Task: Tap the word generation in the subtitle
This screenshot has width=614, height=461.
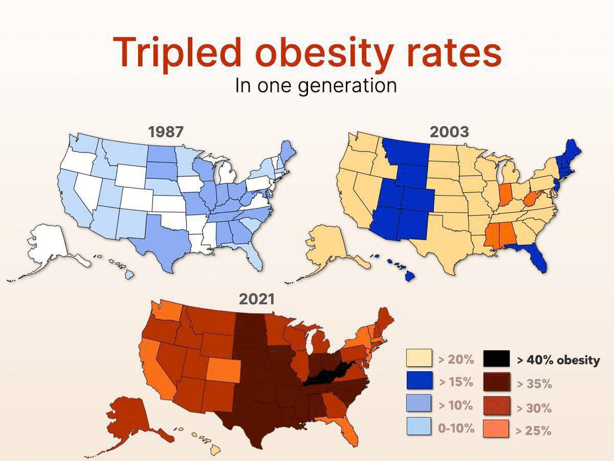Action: (347, 86)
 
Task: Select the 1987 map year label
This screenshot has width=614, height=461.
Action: (166, 132)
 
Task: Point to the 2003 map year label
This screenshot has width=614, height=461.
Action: (449, 132)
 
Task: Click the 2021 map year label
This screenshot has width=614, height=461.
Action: (257, 299)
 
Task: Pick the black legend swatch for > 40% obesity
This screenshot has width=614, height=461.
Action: (496, 358)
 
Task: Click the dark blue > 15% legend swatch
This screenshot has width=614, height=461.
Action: (419, 381)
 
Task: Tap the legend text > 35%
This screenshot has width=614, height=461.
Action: (535, 384)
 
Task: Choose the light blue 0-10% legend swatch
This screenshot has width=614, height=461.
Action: (419, 426)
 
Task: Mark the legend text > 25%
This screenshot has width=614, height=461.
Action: (534, 430)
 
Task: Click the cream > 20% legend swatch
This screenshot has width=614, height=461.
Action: (419, 358)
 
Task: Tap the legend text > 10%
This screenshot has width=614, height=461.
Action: (456, 406)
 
